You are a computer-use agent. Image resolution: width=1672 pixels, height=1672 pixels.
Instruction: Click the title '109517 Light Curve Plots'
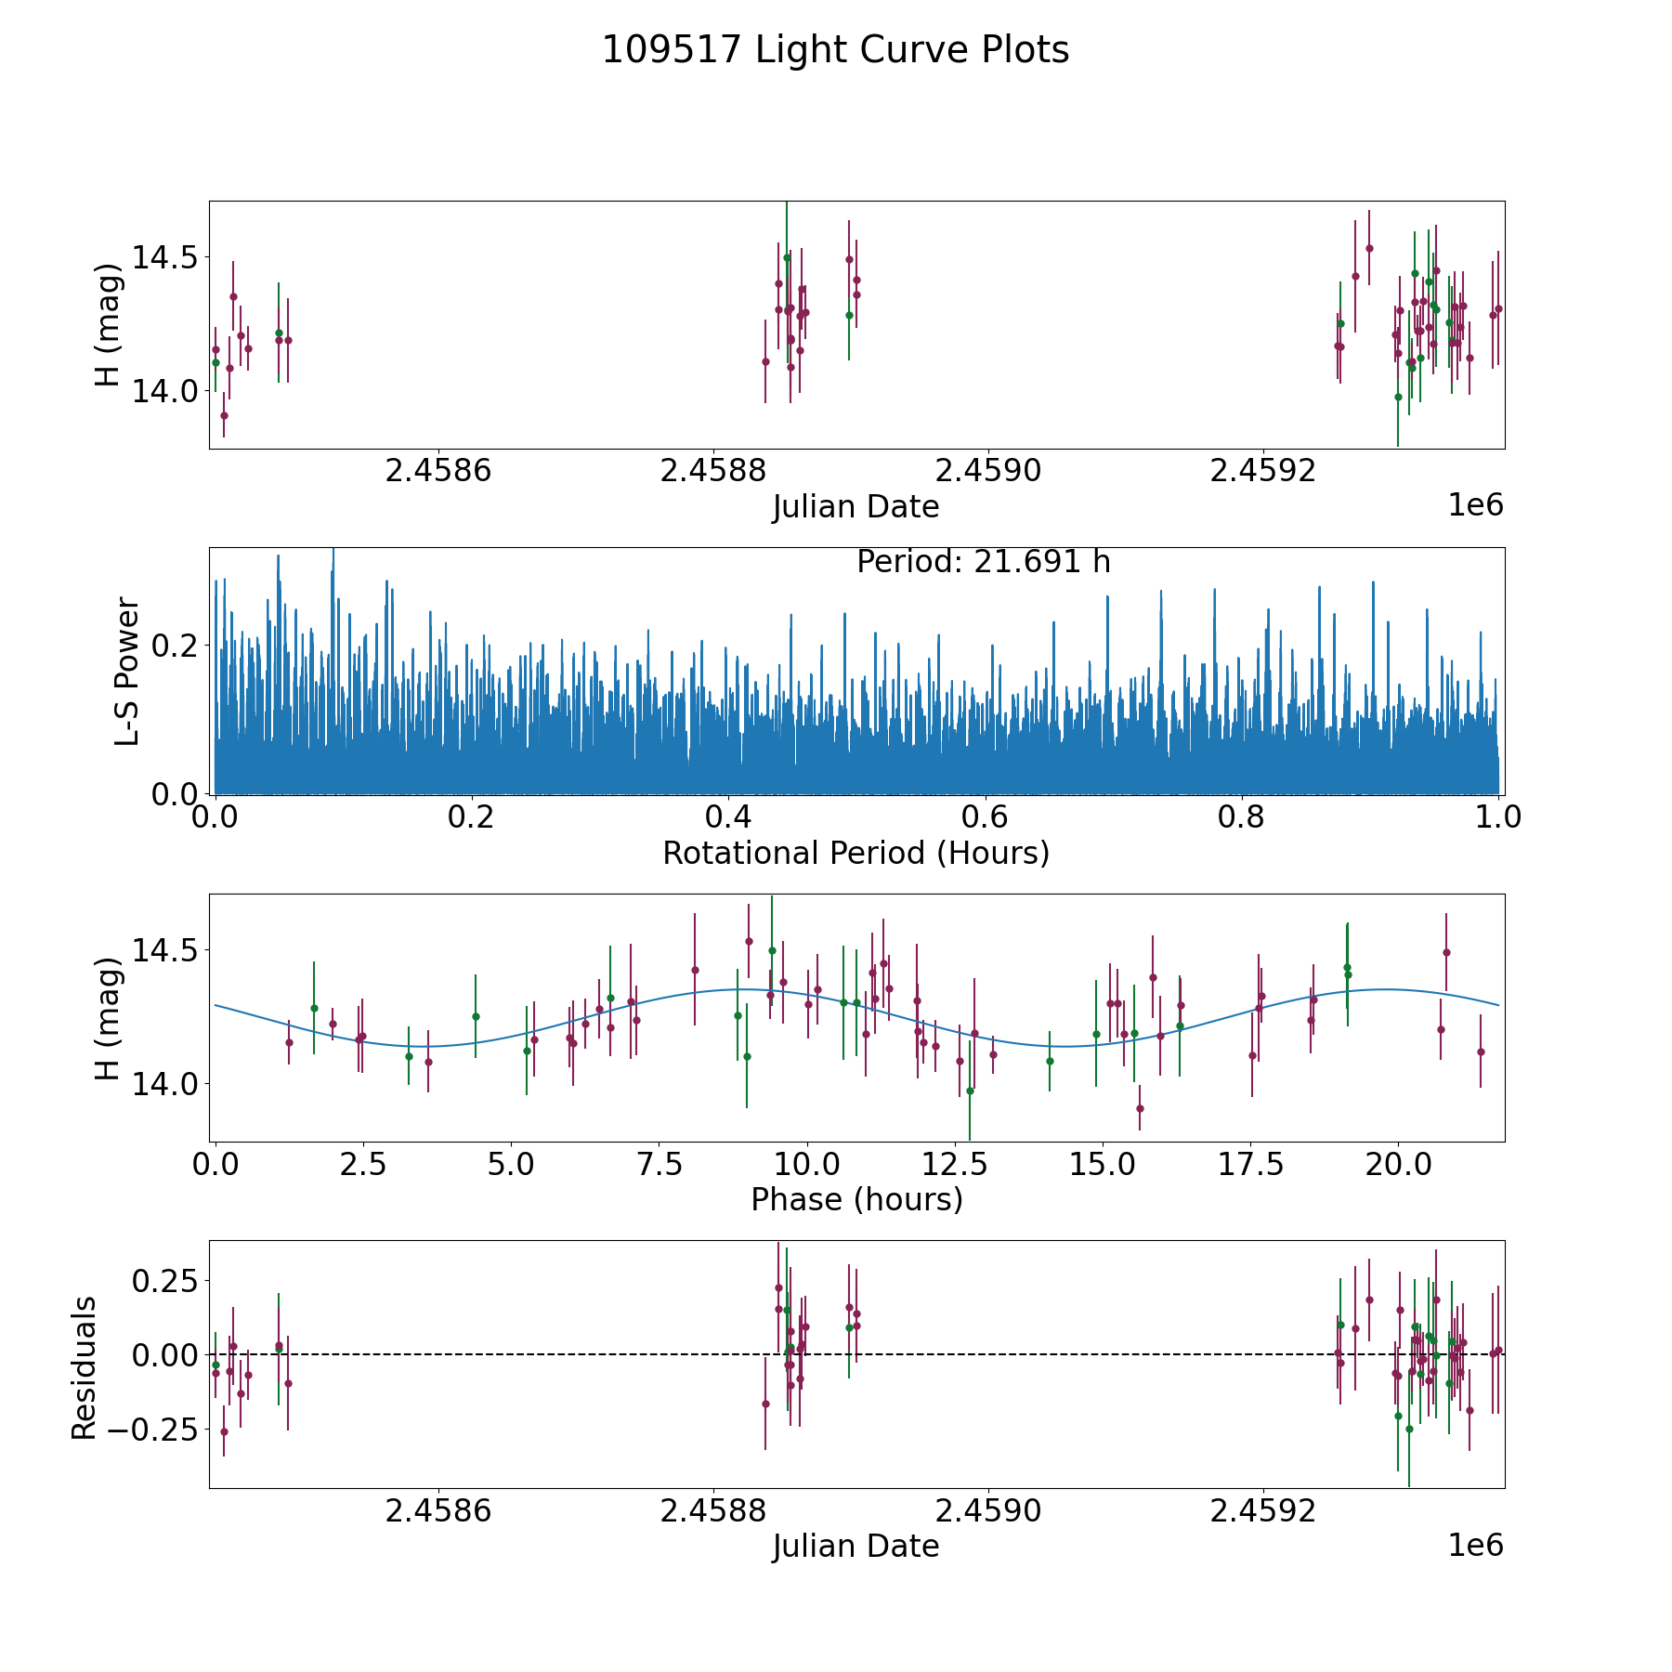click(x=835, y=50)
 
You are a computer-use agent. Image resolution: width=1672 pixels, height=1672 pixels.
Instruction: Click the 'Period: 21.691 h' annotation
click(x=983, y=562)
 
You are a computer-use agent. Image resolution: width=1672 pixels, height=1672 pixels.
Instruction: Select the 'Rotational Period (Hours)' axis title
click(x=856, y=853)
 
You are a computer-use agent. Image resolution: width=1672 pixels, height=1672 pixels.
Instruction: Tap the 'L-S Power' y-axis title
click(x=127, y=672)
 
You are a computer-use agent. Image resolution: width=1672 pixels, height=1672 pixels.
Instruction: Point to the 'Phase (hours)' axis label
click(x=856, y=1199)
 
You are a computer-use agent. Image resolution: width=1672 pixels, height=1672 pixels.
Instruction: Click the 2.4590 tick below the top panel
click(x=988, y=472)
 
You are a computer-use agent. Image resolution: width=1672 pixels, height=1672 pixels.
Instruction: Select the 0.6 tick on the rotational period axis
click(x=985, y=817)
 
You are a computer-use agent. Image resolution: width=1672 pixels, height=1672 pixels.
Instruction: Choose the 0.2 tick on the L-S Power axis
click(x=176, y=646)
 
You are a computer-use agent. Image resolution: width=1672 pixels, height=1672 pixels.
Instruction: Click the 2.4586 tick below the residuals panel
click(x=438, y=1511)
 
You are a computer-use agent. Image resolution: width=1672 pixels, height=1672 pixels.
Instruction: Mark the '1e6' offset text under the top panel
click(x=1475, y=505)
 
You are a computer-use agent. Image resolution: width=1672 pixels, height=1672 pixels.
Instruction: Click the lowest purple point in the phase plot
click(x=1140, y=1108)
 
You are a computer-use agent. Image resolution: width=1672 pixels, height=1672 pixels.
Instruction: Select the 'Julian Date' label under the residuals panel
click(x=856, y=1547)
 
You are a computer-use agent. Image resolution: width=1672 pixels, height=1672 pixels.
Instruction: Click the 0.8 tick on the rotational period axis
click(x=1241, y=817)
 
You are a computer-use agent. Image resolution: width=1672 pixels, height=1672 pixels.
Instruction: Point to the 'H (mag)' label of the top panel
click(x=109, y=325)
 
